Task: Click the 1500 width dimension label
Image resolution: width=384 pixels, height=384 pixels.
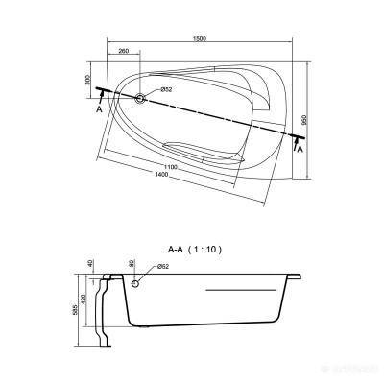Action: (x=197, y=37)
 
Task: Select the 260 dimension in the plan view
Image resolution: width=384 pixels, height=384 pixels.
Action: (x=123, y=51)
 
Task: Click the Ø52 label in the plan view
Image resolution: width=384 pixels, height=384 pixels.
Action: (x=165, y=89)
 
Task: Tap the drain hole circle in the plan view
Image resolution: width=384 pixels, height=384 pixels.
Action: (x=142, y=97)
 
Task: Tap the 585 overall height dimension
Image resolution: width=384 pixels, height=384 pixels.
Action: (x=77, y=311)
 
